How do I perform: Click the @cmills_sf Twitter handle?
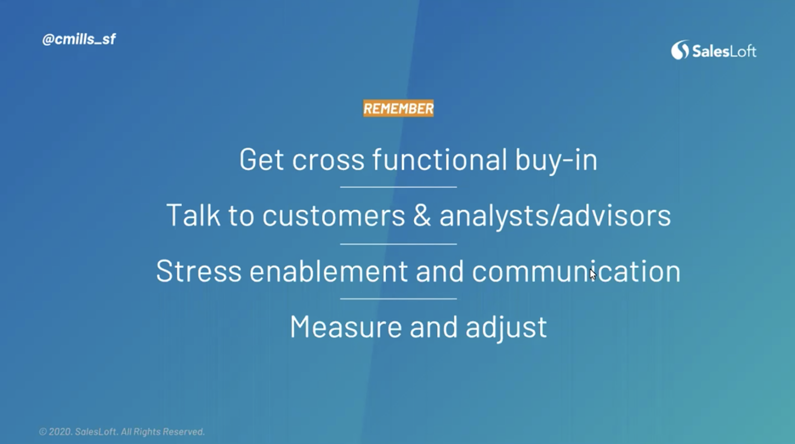point(79,39)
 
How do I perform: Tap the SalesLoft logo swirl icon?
point(680,50)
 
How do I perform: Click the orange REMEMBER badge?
point(398,108)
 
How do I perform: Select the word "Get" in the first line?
point(261,159)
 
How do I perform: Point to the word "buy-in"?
point(556,160)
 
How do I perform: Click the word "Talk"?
point(193,215)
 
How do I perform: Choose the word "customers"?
point(333,216)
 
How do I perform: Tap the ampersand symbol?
point(422,215)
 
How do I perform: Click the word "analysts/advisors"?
point(555,215)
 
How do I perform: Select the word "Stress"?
point(199,271)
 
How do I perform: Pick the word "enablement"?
point(328,271)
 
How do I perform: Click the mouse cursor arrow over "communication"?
point(593,274)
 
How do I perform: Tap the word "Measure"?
point(346,327)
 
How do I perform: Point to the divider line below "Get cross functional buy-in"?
point(398,187)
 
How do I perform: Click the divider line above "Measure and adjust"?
point(398,299)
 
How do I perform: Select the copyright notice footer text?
point(122,432)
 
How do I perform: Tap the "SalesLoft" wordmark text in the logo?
point(724,52)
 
